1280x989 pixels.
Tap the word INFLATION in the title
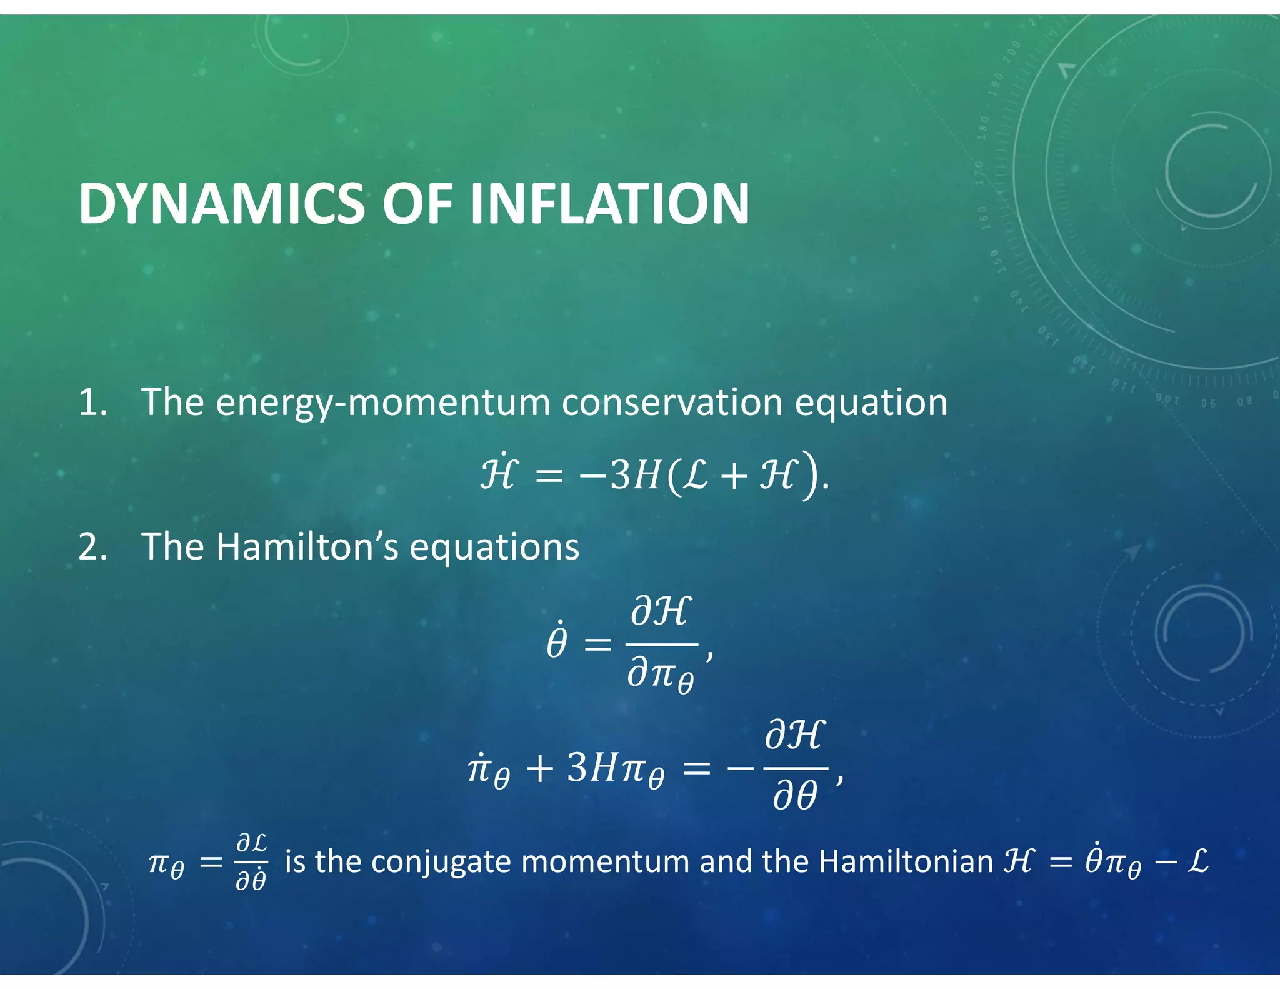coord(609,204)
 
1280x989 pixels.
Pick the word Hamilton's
coord(306,546)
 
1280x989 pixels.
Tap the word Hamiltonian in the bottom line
coord(906,861)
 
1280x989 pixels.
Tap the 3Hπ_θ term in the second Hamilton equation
coord(616,770)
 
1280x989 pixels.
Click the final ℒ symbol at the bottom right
coord(1197,861)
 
